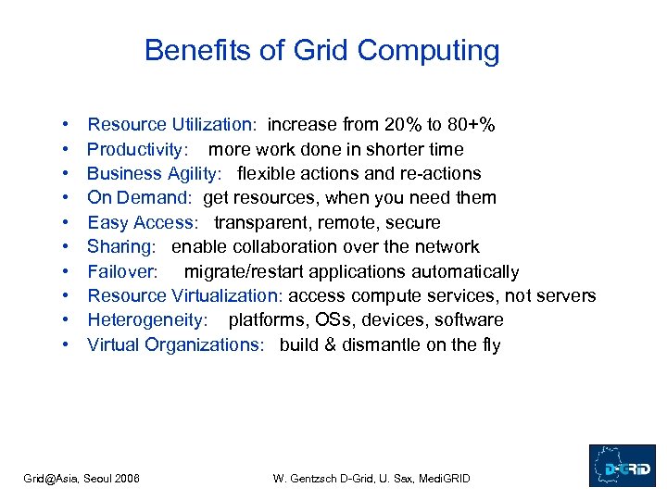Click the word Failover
click(x=122, y=271)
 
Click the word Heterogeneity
click(x=145, y=320)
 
